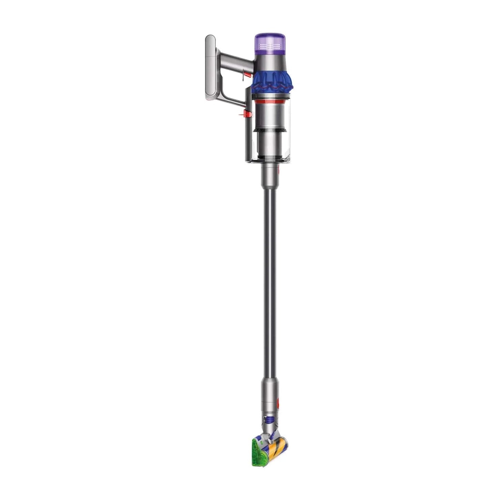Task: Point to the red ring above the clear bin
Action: [270, 102]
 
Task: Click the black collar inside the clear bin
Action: [270, 130]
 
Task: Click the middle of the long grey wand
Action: [270, 275]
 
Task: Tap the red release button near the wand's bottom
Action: [277, 400]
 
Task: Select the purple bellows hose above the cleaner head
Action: [269, 420]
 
